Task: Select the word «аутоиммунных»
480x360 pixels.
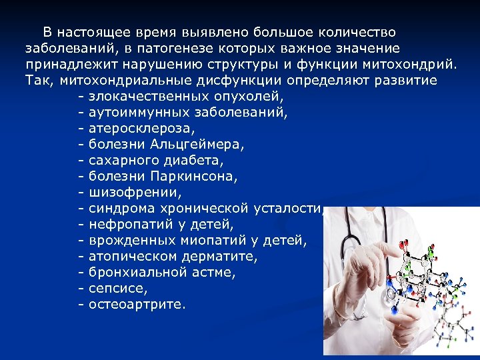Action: coord(138,112)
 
